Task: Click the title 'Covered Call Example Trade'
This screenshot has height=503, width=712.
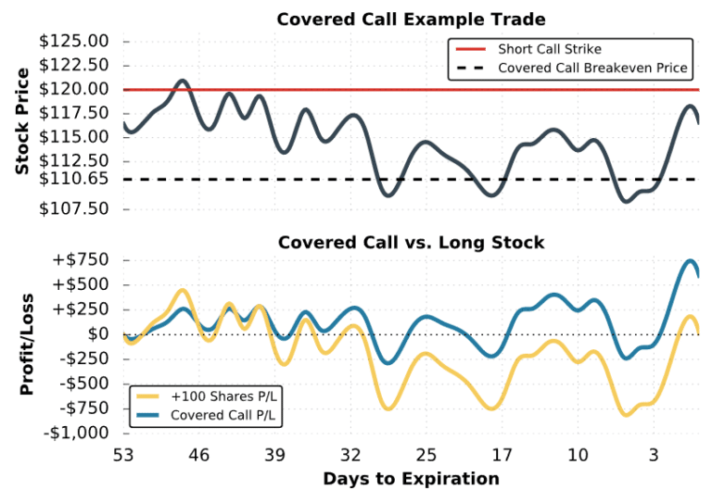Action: (x=411, y=19)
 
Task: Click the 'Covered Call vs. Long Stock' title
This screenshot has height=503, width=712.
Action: (x=411, y=243)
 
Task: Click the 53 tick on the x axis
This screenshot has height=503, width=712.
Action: (x=123, y=456)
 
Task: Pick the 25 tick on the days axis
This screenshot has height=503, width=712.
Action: (x=426, y=456)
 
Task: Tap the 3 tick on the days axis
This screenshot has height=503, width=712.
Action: (x=654, y=456)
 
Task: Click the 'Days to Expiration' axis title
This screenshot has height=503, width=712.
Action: (x=411, y=479)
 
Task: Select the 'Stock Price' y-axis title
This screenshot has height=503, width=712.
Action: (x=21, y=121)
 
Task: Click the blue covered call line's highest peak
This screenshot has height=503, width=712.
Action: (x=691, y=261)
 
